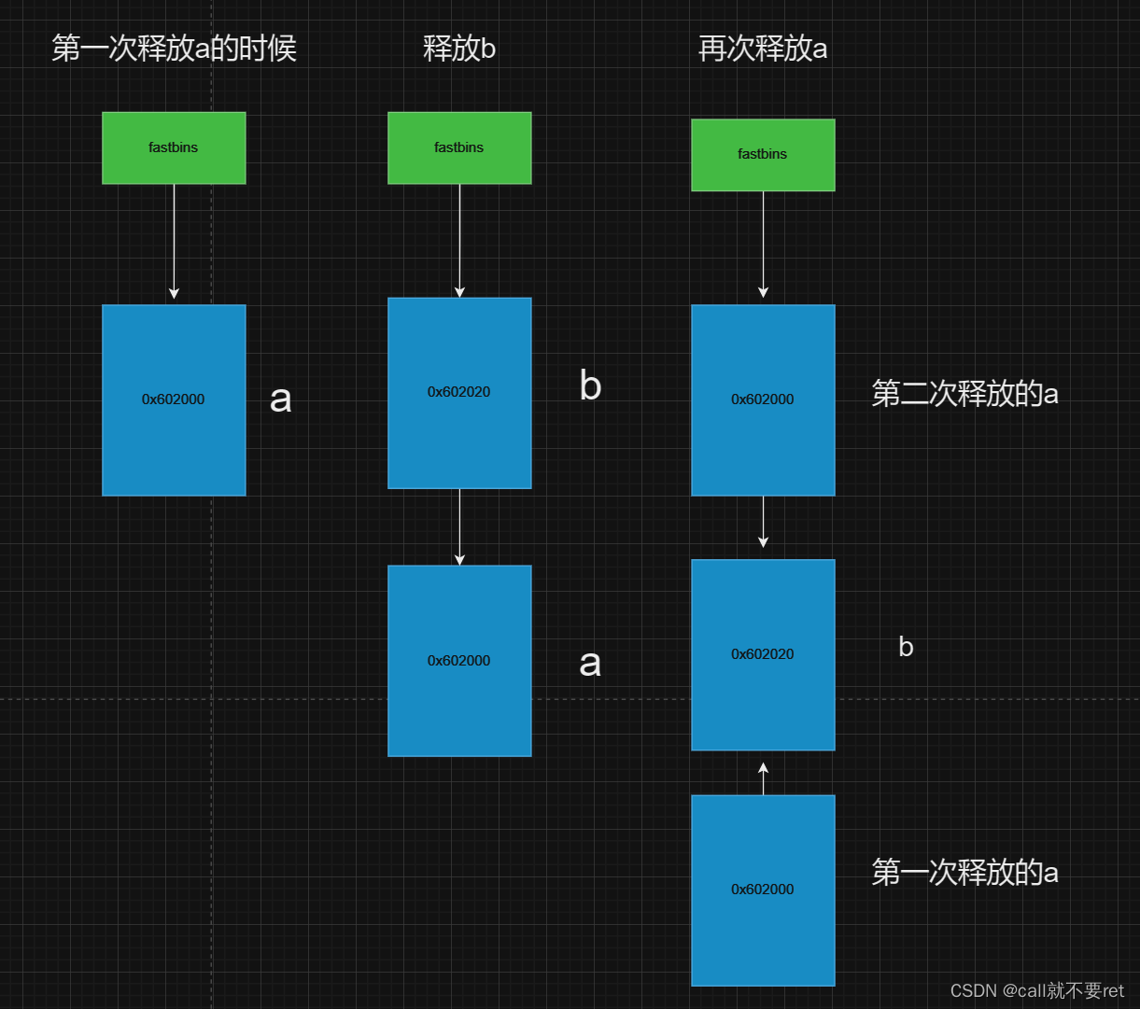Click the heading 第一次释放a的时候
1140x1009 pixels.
point(174,49)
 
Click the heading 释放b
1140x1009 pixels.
point(458,49)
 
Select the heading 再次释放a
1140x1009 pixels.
point(763,49)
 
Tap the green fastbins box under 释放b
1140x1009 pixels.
point(459,147)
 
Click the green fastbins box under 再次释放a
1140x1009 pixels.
point(763,155)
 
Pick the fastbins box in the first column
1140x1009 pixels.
point(174,147)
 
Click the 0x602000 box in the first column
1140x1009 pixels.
point(174,399)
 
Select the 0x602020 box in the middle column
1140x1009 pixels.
point(459,392)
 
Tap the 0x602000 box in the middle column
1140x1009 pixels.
point(459,661)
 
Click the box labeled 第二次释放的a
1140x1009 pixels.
point(763,399)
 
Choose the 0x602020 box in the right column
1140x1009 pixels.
point(763,654)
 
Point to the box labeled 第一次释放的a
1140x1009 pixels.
point(763,890)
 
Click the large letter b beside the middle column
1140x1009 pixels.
point(590,385)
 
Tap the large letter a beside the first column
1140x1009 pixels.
point(280,399)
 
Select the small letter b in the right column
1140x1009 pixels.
point(906,647)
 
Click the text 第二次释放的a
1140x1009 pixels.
point(964,394)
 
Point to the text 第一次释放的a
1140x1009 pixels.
point(964,873)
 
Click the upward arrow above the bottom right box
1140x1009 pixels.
point(763,778)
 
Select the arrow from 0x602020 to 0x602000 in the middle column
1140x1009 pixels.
point(459,526)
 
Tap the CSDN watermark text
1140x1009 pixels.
point(1036,990)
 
